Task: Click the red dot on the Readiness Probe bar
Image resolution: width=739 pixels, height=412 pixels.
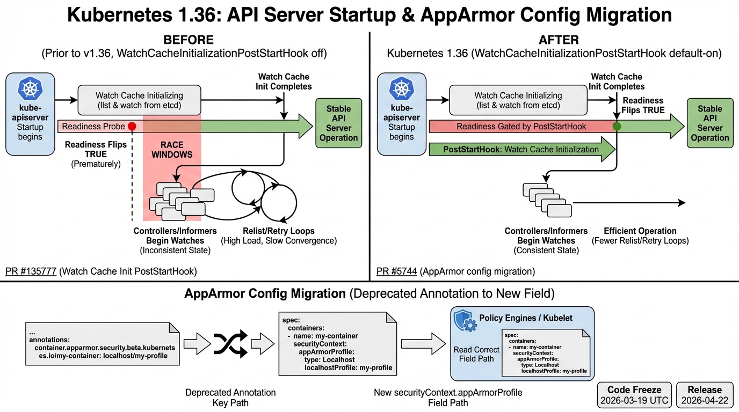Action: tap(132, 127)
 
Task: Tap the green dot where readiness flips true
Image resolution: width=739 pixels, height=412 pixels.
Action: tap(617, 127)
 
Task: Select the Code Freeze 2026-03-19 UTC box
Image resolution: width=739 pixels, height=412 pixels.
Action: tap(634, 395)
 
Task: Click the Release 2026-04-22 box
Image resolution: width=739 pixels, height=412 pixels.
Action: tap(705, 395)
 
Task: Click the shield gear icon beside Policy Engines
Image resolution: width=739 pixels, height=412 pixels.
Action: tap(465, 320)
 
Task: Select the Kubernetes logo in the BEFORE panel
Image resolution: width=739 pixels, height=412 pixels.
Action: tap(30, 90)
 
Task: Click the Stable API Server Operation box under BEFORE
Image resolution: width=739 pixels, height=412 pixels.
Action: tap(338, 123)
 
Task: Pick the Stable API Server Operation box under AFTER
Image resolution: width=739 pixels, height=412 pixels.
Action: tap(709, 123)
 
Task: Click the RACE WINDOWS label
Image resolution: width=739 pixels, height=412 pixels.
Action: tap(172, 150)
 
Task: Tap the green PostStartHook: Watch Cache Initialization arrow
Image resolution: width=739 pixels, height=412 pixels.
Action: tap(521, 150)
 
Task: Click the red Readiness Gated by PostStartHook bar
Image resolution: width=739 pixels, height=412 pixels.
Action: tap(521, 127)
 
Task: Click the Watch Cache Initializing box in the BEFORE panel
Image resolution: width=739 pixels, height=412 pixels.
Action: tap(139, 100)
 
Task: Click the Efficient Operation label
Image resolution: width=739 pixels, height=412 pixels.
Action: tap(640, 231)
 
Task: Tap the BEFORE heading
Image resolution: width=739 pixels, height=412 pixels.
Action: tap(188, 40)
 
